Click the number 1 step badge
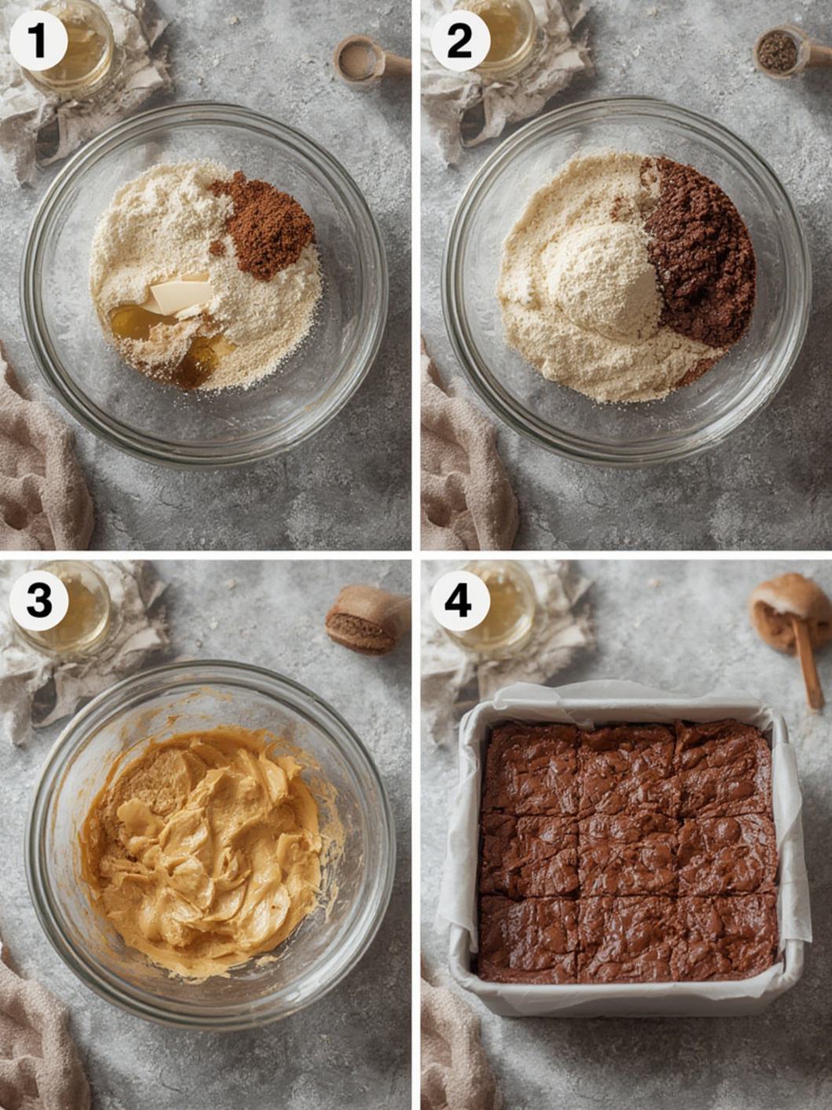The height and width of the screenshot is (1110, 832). click(38, 42)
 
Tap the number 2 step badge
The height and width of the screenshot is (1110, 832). click(459, 42)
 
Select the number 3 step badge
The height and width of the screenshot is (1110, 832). click(39, 601)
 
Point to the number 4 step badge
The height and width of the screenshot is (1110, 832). click(458, 601)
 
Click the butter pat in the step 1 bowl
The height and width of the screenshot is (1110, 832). click(180, 298)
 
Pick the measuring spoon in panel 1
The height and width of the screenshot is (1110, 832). click(371, 60)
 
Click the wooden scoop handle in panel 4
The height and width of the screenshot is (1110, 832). click(807, 663)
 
